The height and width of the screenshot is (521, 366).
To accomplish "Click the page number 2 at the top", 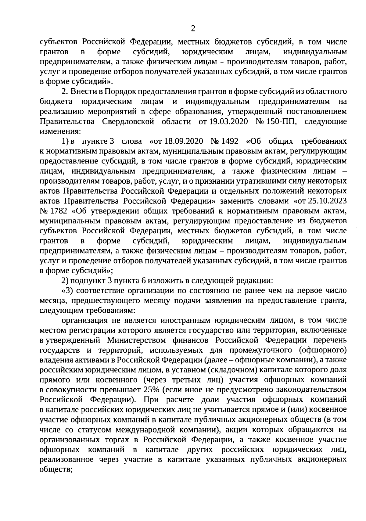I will click(x=192, y=29).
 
